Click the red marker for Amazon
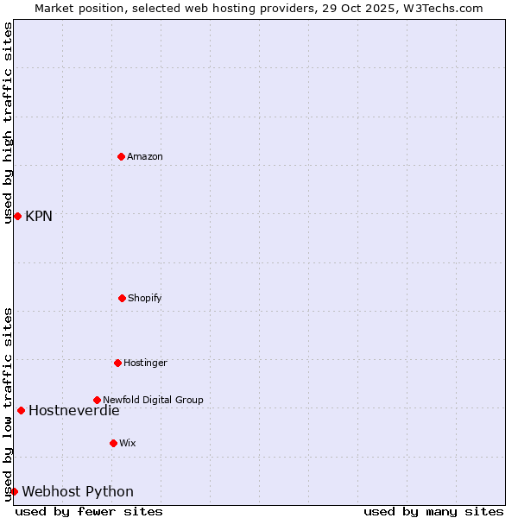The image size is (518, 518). [121, 156]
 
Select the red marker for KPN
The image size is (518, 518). [17, 216]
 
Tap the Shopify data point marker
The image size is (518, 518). [122, 298]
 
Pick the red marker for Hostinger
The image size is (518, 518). [117, 363]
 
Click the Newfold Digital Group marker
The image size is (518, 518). [97, 400]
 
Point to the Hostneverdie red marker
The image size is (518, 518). [21, 410]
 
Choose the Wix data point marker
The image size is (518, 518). [113, 443]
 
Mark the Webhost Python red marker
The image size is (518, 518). [14, 491]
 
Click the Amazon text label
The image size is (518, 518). [145, 156]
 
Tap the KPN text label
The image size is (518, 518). [39, 216]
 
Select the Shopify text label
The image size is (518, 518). [145, 298]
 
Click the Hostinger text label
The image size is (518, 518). [145, 363]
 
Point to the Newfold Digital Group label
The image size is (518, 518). [154, 400]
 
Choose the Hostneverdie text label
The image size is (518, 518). [74, 410]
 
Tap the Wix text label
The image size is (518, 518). [128, 443]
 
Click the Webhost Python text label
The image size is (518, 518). [78, 491]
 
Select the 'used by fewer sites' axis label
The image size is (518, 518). [89, 511]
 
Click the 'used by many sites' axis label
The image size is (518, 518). [433, 511]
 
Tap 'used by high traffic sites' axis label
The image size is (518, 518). [8, 123]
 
